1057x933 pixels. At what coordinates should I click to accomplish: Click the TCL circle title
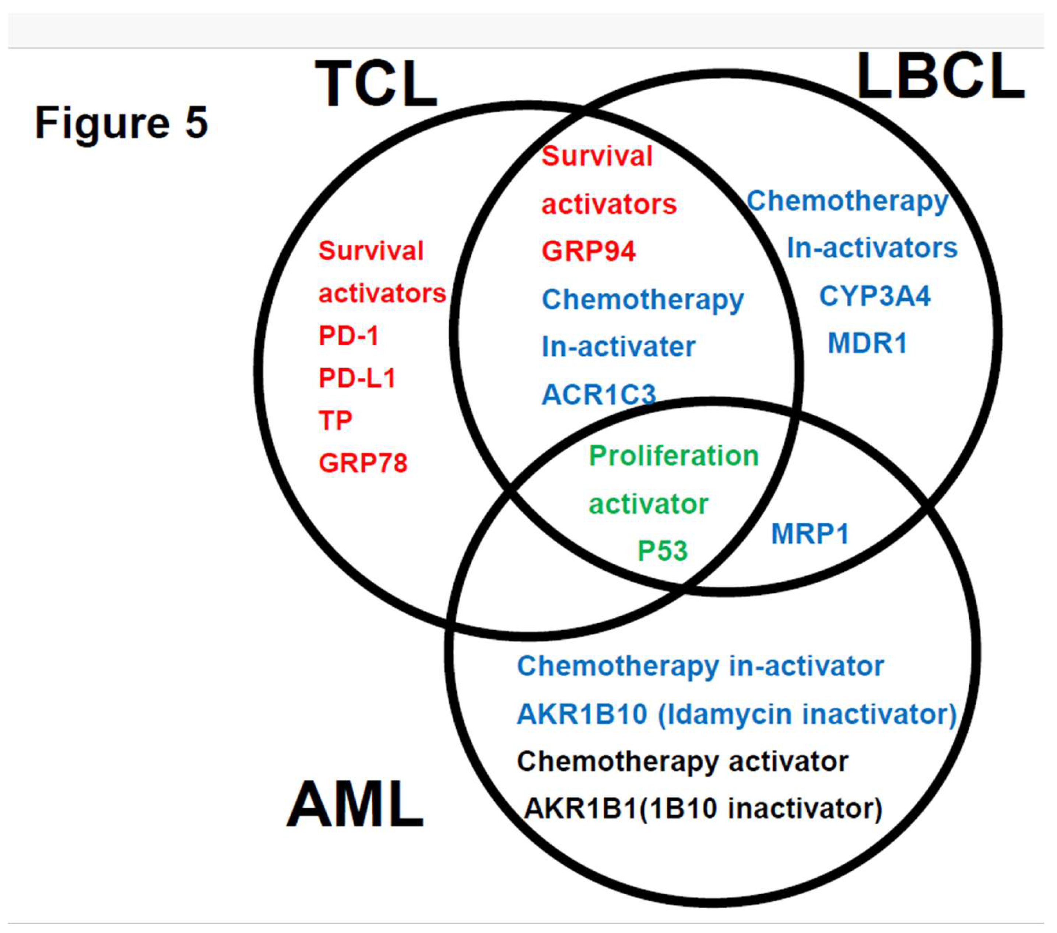click(376, 84)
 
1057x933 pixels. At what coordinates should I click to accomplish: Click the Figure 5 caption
click(121, 123)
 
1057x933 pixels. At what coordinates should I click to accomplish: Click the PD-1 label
click(348, 336)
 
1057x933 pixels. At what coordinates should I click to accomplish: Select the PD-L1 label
click(357, 378)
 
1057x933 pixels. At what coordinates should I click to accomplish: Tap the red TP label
click(335, 420)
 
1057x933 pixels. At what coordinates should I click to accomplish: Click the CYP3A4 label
click(875, 296)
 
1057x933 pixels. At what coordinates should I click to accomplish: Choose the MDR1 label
click(868, 343)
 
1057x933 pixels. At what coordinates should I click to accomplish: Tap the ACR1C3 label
click(599, 395)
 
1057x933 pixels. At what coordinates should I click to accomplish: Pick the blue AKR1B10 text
click(582, 714)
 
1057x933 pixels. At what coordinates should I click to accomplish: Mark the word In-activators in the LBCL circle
click(872, 248)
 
